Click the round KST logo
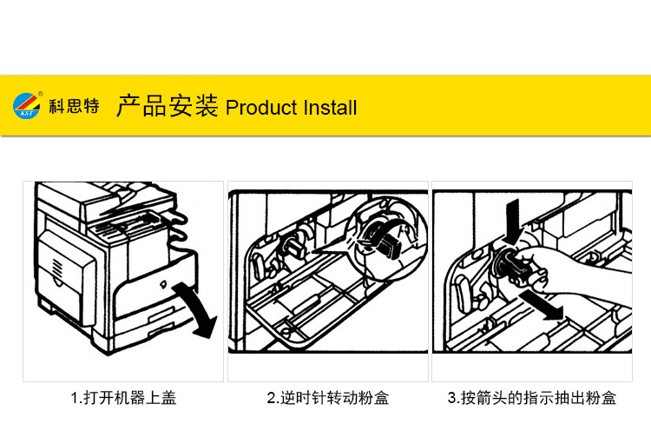click(x=27, y=106)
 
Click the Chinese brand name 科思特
click(x=75, y=106)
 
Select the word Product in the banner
click(x=261, y=108)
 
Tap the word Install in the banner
click(x=330, y=108)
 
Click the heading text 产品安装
click(x=167, y=106)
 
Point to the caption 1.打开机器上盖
click(x=124, y=398)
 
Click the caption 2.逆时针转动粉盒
click(x=328, y=398)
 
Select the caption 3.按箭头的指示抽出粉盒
click(x=532, y=398)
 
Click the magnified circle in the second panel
click(x=387, y=238)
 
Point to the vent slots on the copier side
click(x=57, y=268)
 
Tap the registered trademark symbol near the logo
click(x=41, y=94)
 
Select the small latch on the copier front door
click(x=163, y=285)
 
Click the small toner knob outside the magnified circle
click(x=292, y=246)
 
